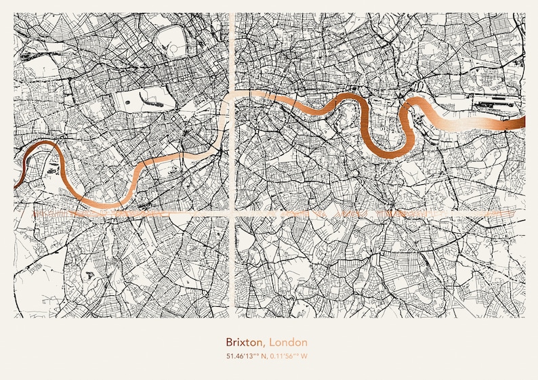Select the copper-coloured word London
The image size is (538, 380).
(x=288, y=343)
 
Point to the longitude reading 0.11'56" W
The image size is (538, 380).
(x=289, y=356)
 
